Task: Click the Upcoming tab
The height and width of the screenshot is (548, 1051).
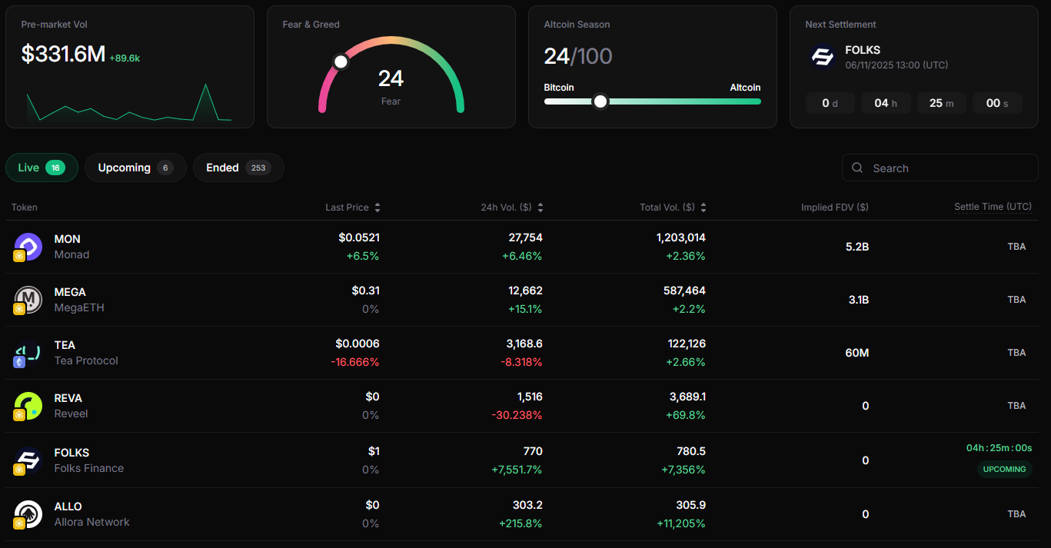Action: (x=135, y=168)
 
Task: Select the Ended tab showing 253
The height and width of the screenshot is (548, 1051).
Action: (x=238, y=168)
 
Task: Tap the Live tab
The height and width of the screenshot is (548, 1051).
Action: (x=42, y=168)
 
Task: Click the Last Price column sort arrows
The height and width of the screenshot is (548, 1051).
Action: (x=377, y=208)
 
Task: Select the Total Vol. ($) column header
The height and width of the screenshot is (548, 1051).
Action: (x=667, y=208)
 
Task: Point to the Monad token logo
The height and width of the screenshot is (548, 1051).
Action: (x=28, y=246)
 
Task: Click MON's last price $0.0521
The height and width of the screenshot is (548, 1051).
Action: (x=358, y=238)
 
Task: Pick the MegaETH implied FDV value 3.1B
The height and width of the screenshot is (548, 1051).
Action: (x=858, y=300)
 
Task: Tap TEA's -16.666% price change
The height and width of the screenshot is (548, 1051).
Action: (x=355, y=362)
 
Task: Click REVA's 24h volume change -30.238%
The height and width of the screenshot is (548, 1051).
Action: (x=517, y=415)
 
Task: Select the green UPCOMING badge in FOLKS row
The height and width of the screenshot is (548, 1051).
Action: (x=1004, y=469)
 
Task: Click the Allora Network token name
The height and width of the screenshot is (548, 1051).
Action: (x=91, y=522)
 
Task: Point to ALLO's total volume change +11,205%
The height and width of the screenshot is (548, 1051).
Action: (x=680, y=523)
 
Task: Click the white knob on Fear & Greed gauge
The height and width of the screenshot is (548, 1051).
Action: (x=341, y=61)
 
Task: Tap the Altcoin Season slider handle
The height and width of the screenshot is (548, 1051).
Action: (x=600, y=101)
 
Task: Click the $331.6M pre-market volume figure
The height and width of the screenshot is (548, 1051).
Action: (x=63, y=54)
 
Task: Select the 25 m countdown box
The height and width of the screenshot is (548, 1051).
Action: (x=941, y=103)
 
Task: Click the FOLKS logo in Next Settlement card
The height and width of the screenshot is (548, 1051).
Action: (x=823, y=57)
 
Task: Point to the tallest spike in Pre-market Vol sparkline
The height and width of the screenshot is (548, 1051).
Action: (x=205, y=85)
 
